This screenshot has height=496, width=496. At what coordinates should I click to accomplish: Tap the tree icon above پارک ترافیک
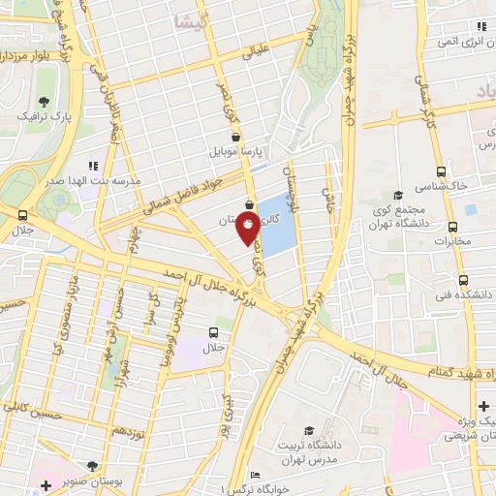pyautogui.click(x=44, y=101)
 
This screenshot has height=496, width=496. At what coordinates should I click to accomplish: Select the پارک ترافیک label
pyautogui.click(x=43, y=116)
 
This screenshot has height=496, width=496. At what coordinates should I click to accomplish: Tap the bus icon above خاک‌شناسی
pyautogui.click(x=442, y=168)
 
